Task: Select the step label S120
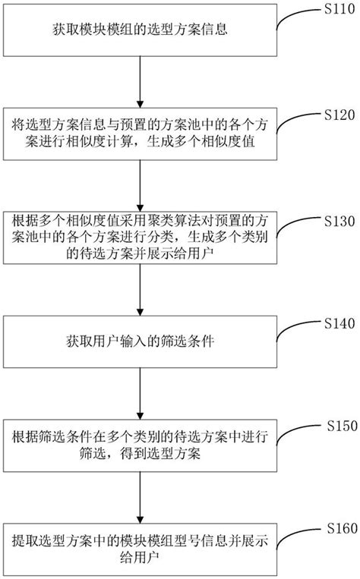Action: [335, 115]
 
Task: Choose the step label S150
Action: [338, 425]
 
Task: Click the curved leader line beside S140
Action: [292, 331]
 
